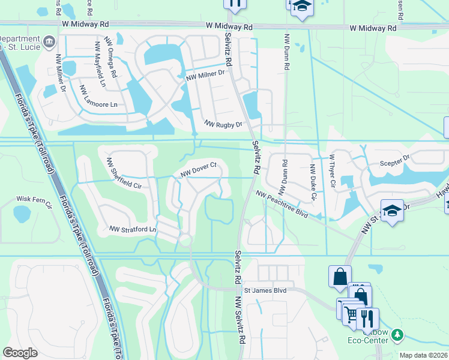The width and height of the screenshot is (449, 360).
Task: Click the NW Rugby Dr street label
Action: tap(223, 125)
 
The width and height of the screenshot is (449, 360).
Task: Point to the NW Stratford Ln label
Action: tap(133, 229)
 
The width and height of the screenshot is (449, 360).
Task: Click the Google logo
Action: tap(20, 353)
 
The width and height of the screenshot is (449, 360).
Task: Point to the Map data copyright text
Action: tap(423, 355)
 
